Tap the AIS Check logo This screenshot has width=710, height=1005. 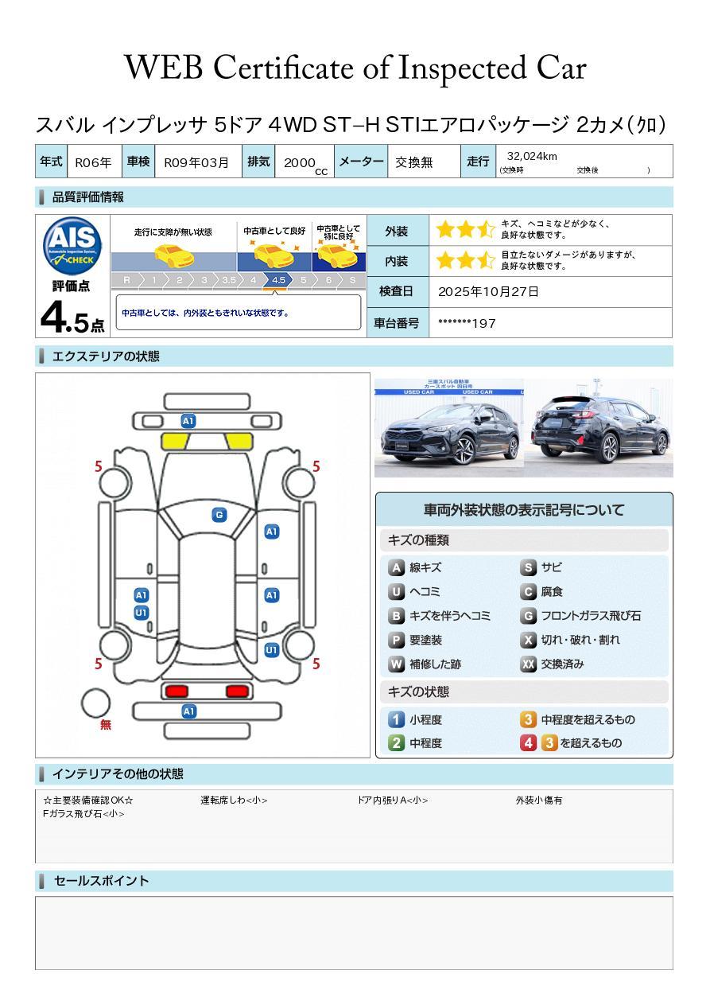pos(72,244)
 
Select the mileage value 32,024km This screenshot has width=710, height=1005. pos(532,156)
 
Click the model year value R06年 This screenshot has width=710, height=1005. pos(93,162)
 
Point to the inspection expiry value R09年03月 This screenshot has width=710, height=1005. pos(196,162)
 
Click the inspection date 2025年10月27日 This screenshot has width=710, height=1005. pos(488,291)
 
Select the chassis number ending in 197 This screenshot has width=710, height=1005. pos(467,323)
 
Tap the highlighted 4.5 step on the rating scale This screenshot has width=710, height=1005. pos(278,280)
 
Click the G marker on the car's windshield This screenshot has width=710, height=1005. pos(219,515)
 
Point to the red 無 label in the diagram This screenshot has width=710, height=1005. pos(106,725)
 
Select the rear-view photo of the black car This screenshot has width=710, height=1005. pos(598,428)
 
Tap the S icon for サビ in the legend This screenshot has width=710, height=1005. pos(528,567)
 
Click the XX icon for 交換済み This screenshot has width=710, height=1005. pos(528,664)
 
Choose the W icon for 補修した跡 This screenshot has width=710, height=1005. pos(396,664)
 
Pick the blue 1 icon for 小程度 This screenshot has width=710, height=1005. pos(396,719)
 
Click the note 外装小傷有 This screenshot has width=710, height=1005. pos(538,800)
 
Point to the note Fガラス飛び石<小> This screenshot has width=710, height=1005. pos(83,814)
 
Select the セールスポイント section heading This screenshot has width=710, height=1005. pos(101,881)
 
